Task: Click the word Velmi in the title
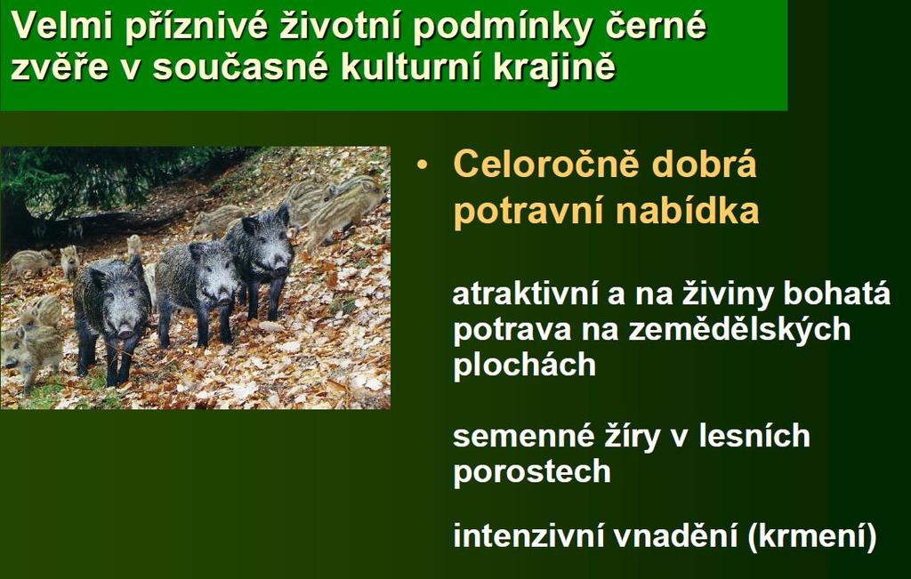[x=61, y=27]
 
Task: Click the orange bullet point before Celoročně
[x=422, y=165]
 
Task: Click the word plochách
[x=525, y=366]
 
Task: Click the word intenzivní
[x=528, y=535]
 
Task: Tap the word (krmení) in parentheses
[x=811, y=536]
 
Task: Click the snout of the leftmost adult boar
[x=125, y=332]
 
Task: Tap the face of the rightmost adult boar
[x=272, y=247]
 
